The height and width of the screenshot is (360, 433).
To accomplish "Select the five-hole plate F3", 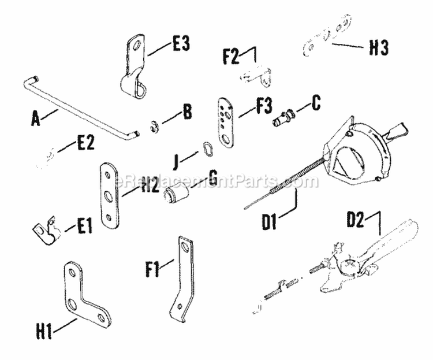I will [226, 122].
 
